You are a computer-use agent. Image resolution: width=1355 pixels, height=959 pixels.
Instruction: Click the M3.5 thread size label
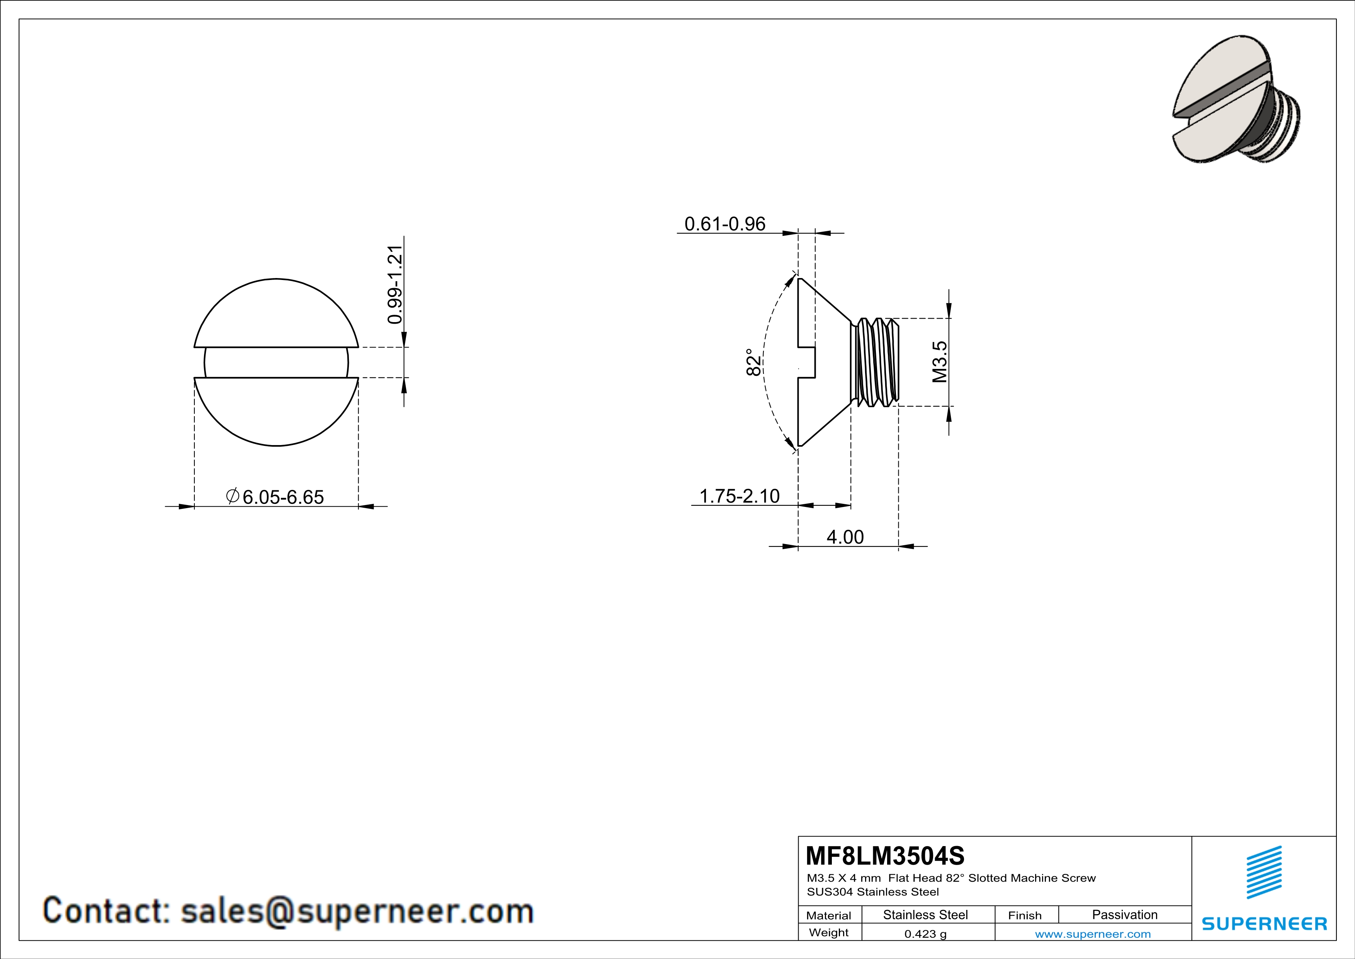point(940,362)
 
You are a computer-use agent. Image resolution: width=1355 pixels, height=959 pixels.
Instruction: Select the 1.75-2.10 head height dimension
point(739,496)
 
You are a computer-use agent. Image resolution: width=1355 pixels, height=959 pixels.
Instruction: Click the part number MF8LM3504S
point(885,856)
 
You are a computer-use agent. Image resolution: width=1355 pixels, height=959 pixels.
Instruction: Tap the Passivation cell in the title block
point(1124,915)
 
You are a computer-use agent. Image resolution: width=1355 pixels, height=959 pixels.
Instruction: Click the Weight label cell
point(829,932)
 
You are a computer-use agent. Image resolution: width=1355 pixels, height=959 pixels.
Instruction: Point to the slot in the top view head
point(276,362)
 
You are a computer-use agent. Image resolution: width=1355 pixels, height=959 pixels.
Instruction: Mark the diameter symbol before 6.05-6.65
point(233,496)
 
